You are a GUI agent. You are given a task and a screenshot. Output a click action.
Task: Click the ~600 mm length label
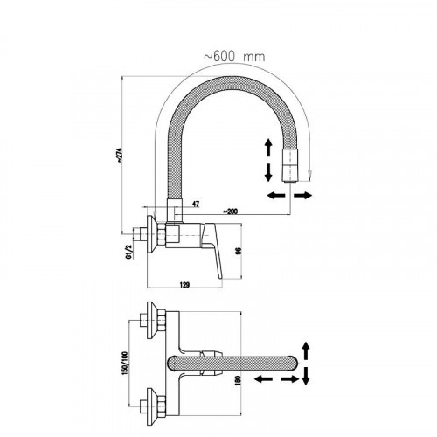(234, 56)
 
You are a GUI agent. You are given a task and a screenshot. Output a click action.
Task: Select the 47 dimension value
(196, 204)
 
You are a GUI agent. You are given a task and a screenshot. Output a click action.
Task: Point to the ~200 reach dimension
(230, 211)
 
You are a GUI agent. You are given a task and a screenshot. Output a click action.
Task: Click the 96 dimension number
(238, 251)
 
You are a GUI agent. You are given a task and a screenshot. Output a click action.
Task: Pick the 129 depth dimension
(184, 284)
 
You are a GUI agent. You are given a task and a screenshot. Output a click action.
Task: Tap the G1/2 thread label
(128, 252)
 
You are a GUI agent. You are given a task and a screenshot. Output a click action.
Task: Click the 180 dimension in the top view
(238, 381)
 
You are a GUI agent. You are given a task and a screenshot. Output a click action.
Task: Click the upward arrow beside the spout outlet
(268, 148)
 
